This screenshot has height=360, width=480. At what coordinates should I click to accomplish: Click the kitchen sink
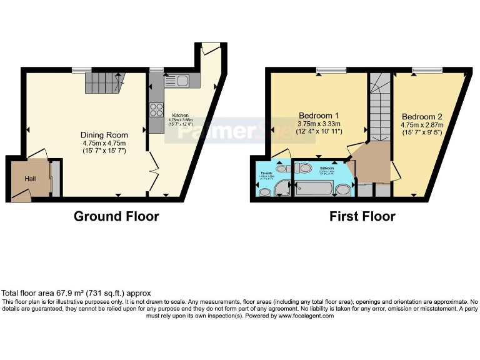click(x=177, y=81)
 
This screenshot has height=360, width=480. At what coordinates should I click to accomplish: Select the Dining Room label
click(x=104, y=135)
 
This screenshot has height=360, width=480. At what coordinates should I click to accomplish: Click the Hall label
click(x=31, y=179)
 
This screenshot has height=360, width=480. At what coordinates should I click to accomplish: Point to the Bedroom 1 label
click(x=319, y=116)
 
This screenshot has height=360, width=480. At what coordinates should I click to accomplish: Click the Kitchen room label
click(x=181, y=115)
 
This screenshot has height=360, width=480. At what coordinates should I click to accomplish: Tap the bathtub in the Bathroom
click(x=315, y=188)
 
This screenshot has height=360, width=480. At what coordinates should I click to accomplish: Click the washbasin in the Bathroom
click(x=342, y=189)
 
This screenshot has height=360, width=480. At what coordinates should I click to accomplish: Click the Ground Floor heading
click(x=116, y=217)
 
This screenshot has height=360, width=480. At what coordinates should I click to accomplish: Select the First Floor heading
click(x=362, y=217)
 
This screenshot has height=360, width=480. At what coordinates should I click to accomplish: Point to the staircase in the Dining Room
click(x=104, y=81)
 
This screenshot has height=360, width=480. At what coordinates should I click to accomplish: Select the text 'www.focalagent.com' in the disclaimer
click(x=306, y=316)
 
